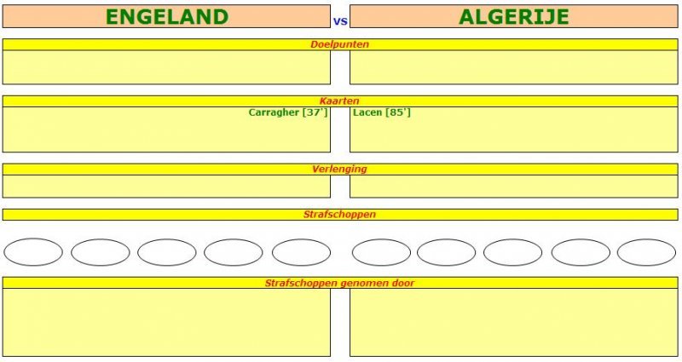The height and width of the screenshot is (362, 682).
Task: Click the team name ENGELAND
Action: [x=167, y=17]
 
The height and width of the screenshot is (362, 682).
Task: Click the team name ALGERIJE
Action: [x=514, y=17]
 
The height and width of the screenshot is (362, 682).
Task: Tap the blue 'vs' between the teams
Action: [x=340, y=20]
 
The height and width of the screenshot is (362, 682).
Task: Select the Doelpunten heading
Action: [x=339, y=44]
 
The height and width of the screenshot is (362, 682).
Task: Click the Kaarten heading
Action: [x=339, y=101]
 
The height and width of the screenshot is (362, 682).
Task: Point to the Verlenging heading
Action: [x=339, y=169]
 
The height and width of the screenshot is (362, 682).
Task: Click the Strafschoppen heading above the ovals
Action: [x=339, y=215]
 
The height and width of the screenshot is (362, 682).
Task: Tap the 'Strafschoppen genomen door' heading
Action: [x=339, y=284]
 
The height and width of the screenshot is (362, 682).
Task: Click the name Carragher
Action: [x=274, y=112]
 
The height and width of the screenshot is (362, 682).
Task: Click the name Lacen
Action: [x=367, y=112]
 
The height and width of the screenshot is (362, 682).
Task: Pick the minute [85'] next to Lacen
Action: [x=398, y=112]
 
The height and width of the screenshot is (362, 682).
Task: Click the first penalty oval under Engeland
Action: [x=33, y=252]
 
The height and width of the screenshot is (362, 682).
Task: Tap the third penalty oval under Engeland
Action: [x=167, y=252]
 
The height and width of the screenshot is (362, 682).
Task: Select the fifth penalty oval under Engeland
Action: [x=302, y=252]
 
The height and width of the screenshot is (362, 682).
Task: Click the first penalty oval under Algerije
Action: [x=381, y=252]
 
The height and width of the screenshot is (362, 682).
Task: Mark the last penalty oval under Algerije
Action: [x=647, y=252]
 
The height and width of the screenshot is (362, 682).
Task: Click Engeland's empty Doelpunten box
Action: [x=166, y=67]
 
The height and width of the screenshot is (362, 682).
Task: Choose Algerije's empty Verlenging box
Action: [x=514, y=187]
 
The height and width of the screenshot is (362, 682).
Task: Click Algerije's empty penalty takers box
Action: [x=514, y=323]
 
